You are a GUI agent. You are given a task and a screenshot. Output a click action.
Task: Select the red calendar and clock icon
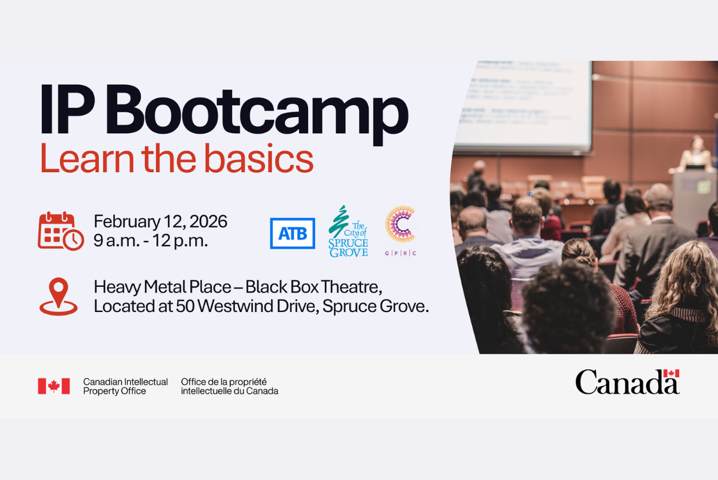click(x=60, y=231)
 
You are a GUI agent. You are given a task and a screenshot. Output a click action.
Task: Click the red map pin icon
click(x=58, y=296)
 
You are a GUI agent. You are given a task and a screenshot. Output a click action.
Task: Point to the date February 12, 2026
click(x=160, y=222)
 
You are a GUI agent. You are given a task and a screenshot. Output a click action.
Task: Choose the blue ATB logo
click(x=293, y=233)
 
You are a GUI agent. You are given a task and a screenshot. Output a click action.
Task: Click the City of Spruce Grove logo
click(x=348, y=232)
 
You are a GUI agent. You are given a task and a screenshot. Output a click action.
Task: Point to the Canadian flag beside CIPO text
click(x=54, y=386)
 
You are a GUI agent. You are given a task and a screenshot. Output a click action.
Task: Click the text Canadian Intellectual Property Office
click(x=125, y=386)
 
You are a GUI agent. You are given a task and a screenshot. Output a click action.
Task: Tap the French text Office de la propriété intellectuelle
click(x=229, y=386)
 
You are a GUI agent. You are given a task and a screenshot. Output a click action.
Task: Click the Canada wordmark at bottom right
click(x=622, y=383)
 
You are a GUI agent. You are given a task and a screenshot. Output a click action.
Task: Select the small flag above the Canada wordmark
click(x=671, y=374)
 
